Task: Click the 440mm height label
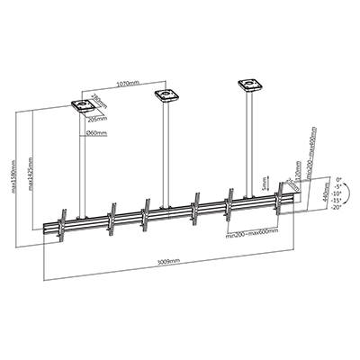point(313,195)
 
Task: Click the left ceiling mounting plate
point(83,106)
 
